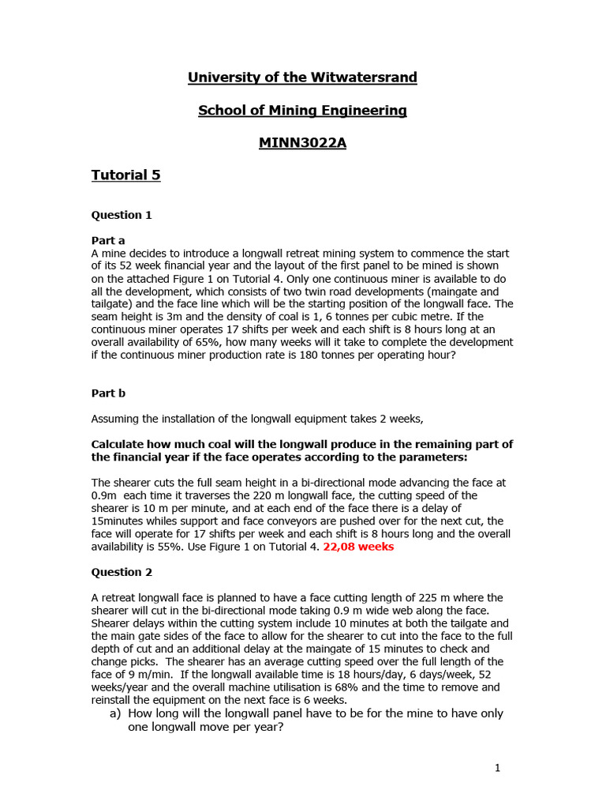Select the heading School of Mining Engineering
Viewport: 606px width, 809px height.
pyautogui.click(x=302, y=111)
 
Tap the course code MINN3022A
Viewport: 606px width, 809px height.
pyautogui.click(x=302, y=144)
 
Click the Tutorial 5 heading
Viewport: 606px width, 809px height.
pyautogui.click(x=125, y=175)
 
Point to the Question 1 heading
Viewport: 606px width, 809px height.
pyautogui.click(x=122, y=215)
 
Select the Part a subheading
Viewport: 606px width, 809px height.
pyautogui.click(x=108, y=240)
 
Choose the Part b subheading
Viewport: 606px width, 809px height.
pyautogui.click(x=108, y=393)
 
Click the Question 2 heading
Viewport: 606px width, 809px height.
pyautogui.click(x=122, y=572)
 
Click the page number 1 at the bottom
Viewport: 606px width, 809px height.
pyautogui.click(x=497, y=767)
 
